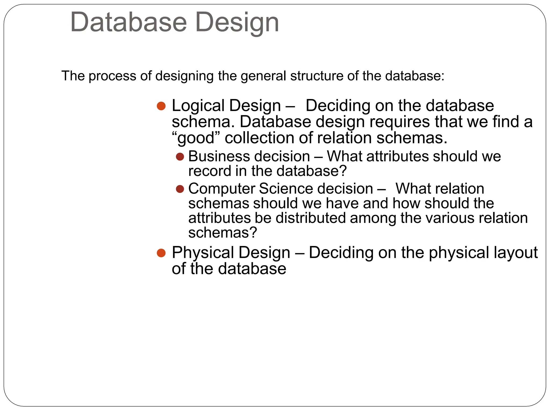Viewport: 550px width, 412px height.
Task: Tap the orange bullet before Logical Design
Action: point(161,106)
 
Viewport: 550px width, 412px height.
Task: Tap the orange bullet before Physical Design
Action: point(161,253)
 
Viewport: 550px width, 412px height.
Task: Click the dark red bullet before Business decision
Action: point(180,157)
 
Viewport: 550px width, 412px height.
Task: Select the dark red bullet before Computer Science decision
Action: point(180,189)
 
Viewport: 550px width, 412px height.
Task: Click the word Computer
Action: point(222,189)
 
